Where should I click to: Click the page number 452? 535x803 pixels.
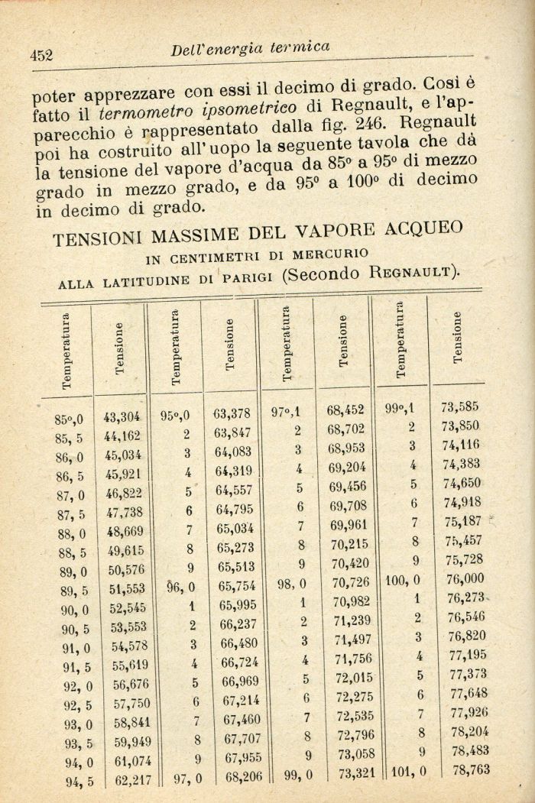(40, 54)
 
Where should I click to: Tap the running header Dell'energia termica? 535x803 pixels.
(251, 47)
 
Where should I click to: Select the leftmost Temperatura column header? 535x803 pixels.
(67, 351)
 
